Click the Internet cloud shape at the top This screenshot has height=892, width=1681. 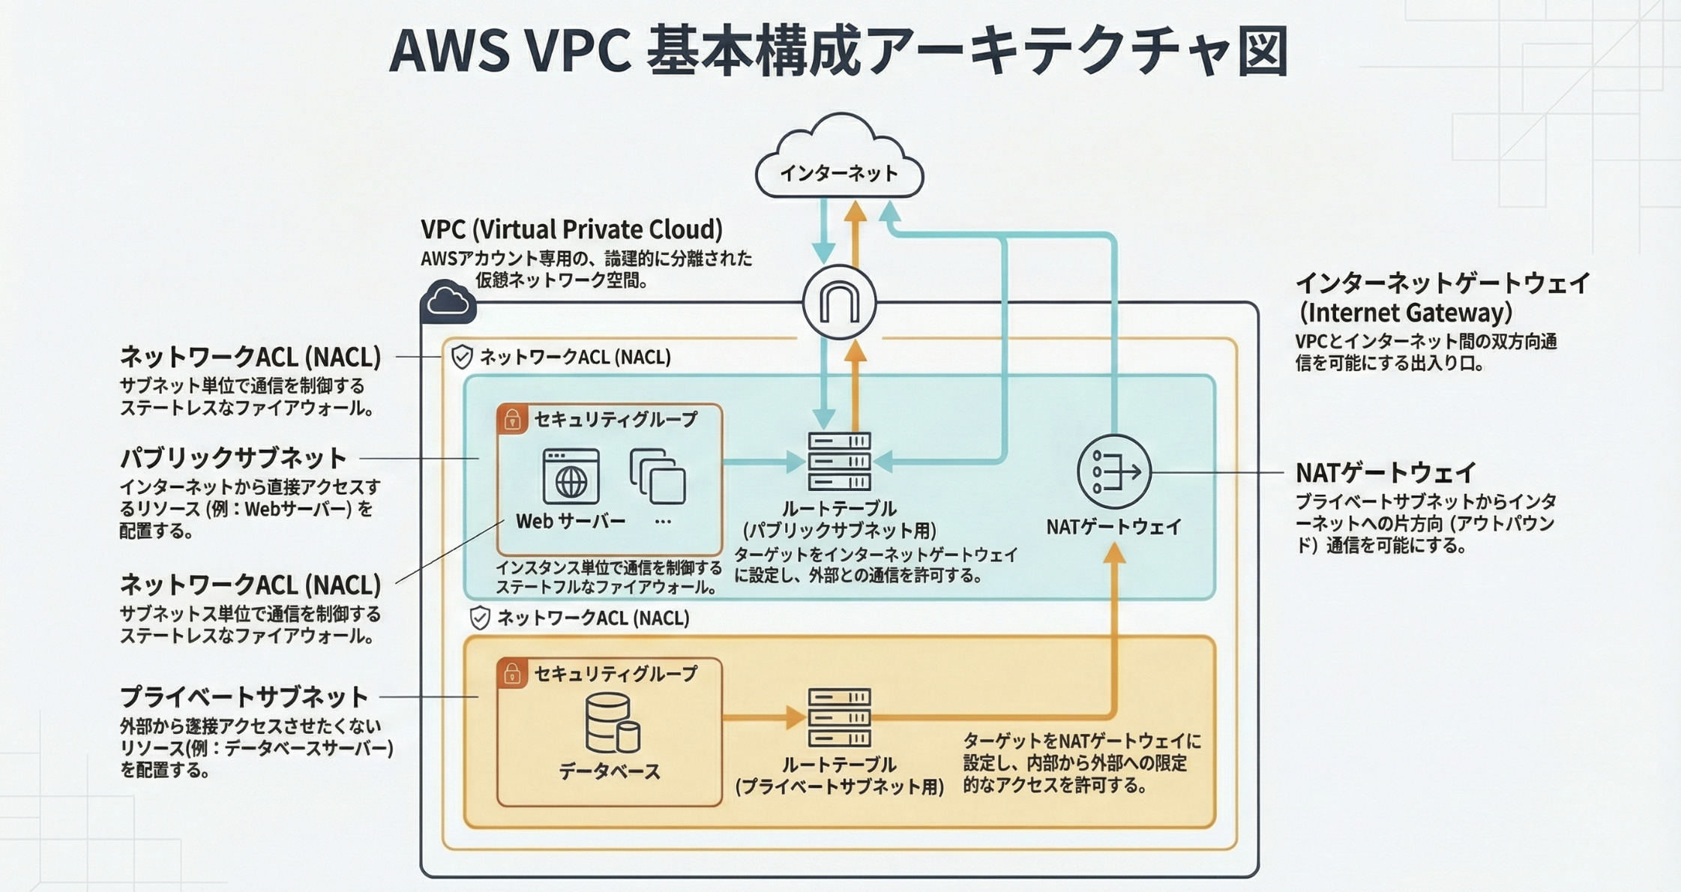pyautogui.click(x=839, y=161)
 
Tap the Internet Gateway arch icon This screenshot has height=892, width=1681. pyautogui.click(x=839, y=302)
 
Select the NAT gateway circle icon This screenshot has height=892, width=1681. pyautogui.click(x=1114, y=472)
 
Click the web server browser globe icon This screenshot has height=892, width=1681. pyautogui.click(x=571, y=477)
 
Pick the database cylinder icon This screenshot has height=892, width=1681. pyautogui.click(x=612, y=723)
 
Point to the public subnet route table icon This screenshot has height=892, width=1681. pyautogui.click(x=839, y=461)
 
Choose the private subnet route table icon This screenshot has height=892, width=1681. pyautogui.click(x=839, y=717)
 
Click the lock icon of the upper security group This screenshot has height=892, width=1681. pyautogui.click(x=513, y=419)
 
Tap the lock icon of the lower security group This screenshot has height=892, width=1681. pyautogui.click(x=513, y=673)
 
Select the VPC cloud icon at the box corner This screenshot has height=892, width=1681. pyautogui.click(x=448, y=302)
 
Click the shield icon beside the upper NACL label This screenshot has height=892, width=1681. pyautogui.click(x=462, y=357)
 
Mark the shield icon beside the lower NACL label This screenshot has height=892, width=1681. pyautogui.click(x=480, y=618)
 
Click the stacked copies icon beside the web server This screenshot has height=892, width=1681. pyautogui.click(x=658, y=476)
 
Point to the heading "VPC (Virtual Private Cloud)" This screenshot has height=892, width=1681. pyautogui.click(x=571, y=229)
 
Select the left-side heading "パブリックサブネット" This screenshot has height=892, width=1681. pyautogui.click(x=233, y=457)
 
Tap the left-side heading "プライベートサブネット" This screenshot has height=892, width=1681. pyautogui.click(x=244, y=696)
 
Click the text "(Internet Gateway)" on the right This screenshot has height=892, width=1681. pyautogui.click(x=1405, y=313)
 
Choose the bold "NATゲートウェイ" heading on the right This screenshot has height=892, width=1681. pyautogui.click(x=1386, y=473)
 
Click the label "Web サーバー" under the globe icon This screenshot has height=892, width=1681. pyautogui.click(x=571, y=521)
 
